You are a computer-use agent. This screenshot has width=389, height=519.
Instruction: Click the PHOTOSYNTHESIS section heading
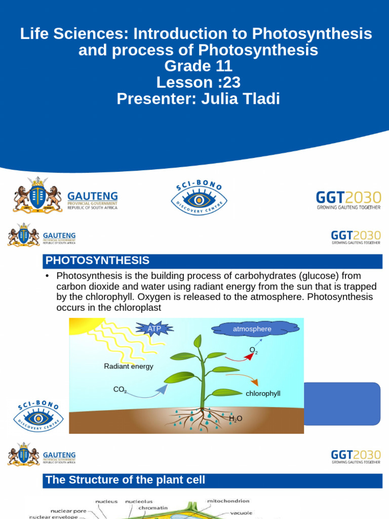coord(98,261)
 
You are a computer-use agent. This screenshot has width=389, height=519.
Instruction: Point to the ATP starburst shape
coord(154,329)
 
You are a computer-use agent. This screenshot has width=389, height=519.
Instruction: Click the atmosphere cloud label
coord(252,329)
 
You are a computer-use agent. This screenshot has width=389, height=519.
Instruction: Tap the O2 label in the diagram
coord(253,350)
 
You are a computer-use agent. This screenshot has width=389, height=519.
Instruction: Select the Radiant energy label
coord(128,366)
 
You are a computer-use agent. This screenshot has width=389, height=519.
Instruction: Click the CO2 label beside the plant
coord(120,390)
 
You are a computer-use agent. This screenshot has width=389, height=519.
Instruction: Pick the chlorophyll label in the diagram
coord(263,393)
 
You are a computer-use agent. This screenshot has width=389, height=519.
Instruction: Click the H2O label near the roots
coord(236,419)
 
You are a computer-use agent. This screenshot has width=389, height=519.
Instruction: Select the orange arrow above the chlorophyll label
coord(243,379)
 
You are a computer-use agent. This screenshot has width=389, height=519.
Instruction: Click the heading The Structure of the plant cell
coord(125,480)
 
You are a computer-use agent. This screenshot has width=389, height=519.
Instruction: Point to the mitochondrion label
coord(228,501)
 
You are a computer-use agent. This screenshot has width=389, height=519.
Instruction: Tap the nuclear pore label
coord(68,511)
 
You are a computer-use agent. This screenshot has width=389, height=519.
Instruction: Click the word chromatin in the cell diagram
coord(153,507)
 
